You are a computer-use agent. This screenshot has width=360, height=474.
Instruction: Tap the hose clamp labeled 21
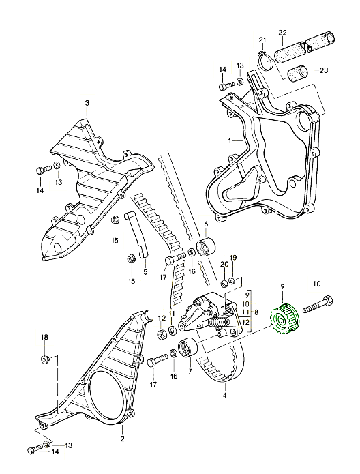[x=266, y=61]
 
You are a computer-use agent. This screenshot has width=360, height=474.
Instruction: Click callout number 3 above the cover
[x=87, y=103]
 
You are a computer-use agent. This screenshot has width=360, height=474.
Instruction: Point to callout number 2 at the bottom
[x=123, y=439]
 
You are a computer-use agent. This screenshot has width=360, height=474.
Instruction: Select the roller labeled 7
[x=188, y=349]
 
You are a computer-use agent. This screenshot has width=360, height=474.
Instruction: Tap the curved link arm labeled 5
[x=136, y=236]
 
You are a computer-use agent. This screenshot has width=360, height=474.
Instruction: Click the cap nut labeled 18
[x=45, y=359]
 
